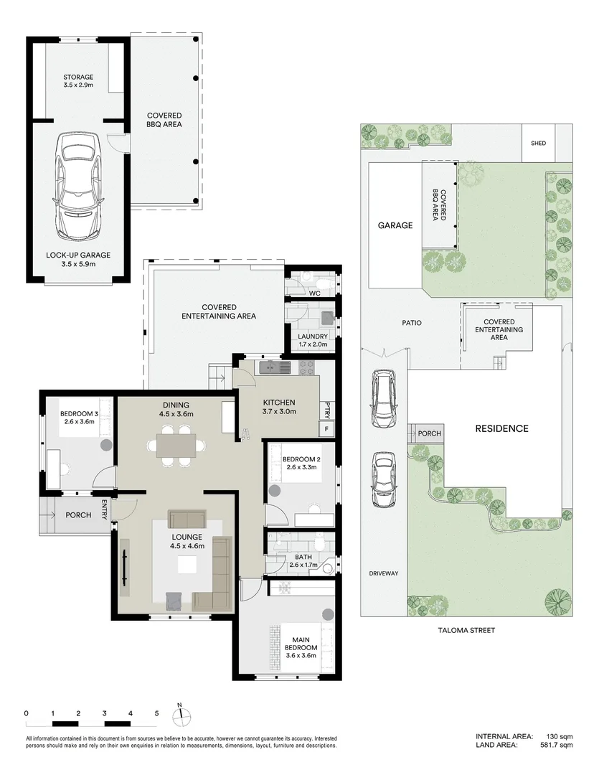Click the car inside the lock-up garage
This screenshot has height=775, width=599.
[x=80, y=186]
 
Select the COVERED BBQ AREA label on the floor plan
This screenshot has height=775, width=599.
[x=164, y=120]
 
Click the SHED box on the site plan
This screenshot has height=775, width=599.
[x=538, y=143]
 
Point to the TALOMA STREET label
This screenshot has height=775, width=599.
[x=467, y=630]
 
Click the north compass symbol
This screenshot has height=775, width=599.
[x=182, y=714]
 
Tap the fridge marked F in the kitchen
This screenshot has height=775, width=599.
[x=327, y=429]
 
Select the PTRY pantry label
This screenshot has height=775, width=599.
[x=327, y=410]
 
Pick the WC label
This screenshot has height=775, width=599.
[x=313, y=293]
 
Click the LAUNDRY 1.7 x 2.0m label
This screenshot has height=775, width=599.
[x=313, y=340]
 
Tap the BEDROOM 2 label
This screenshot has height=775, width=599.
[x=300, y=463]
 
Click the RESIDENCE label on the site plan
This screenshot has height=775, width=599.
[x=501, y=429]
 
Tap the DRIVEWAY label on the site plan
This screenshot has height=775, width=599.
[x=383, y=573]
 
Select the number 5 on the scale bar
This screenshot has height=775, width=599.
[x=156, y=713]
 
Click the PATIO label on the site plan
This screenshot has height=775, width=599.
[x=411, y=323]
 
